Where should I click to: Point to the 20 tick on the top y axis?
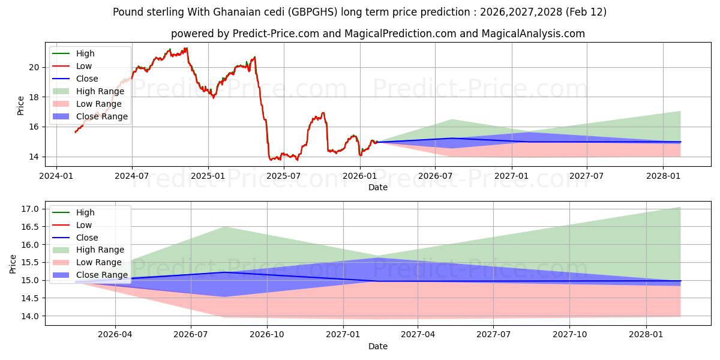[x=35, y=67]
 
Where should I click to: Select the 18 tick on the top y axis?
[x=35, y=97]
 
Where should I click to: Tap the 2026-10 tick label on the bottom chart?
[x=267, y=334]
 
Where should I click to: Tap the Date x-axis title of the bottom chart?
[x=378, y=346]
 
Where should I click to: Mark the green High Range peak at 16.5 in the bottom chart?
[x=224, y=227]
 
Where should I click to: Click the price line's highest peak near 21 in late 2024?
[x=187, y=48]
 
